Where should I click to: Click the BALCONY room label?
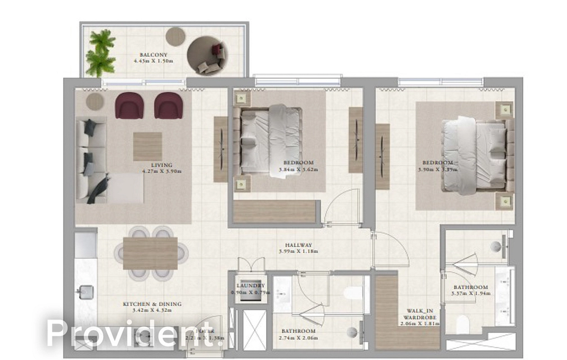pos(149,55)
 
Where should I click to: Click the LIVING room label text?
pos(162,165)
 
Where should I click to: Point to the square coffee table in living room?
pos(147,146)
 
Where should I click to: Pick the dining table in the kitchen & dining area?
pos(150,253)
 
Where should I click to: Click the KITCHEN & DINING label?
pos(152,304)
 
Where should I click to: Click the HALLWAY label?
pos(298,245)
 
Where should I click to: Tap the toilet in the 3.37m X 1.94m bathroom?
pos(462,325)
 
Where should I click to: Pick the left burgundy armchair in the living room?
pos(129,106)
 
